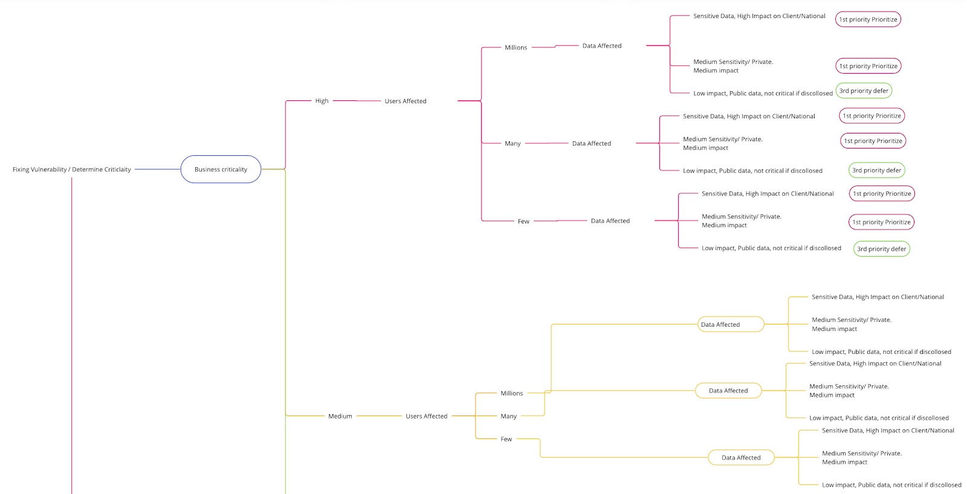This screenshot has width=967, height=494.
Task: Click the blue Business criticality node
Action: click(221, 170)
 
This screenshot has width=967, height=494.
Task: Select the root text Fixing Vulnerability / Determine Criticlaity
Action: click(72, 170)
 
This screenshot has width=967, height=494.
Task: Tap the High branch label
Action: click(322, 101)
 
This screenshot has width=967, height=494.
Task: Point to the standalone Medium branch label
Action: click(340, 416)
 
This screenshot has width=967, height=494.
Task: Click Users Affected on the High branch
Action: click(406, 101)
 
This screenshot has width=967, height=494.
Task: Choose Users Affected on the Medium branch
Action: click(426, 416)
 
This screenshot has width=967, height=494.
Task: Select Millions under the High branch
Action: click(516, 48)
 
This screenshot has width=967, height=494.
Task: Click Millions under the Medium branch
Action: click(511, 393)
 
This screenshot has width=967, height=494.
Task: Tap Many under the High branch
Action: click(513, 144)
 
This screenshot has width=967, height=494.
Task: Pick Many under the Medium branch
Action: click(508, 416)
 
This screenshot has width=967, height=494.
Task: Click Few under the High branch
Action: click(523, 222)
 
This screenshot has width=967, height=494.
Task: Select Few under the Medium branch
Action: click(506, 439)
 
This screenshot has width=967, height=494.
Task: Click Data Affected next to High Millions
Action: click(601, 46)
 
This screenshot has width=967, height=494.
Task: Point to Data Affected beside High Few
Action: click(610, 221)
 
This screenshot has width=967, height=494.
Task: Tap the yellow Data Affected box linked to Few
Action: click(741, 458)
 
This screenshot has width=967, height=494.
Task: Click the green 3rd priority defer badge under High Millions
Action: click(864, 91)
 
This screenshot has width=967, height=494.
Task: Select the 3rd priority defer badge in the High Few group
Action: click(881, 249)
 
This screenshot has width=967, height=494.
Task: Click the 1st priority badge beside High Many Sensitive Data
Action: click(872, 116)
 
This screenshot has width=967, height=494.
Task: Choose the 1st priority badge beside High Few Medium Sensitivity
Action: click(881, 222)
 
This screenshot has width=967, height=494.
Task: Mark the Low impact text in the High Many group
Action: click(752, 171)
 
